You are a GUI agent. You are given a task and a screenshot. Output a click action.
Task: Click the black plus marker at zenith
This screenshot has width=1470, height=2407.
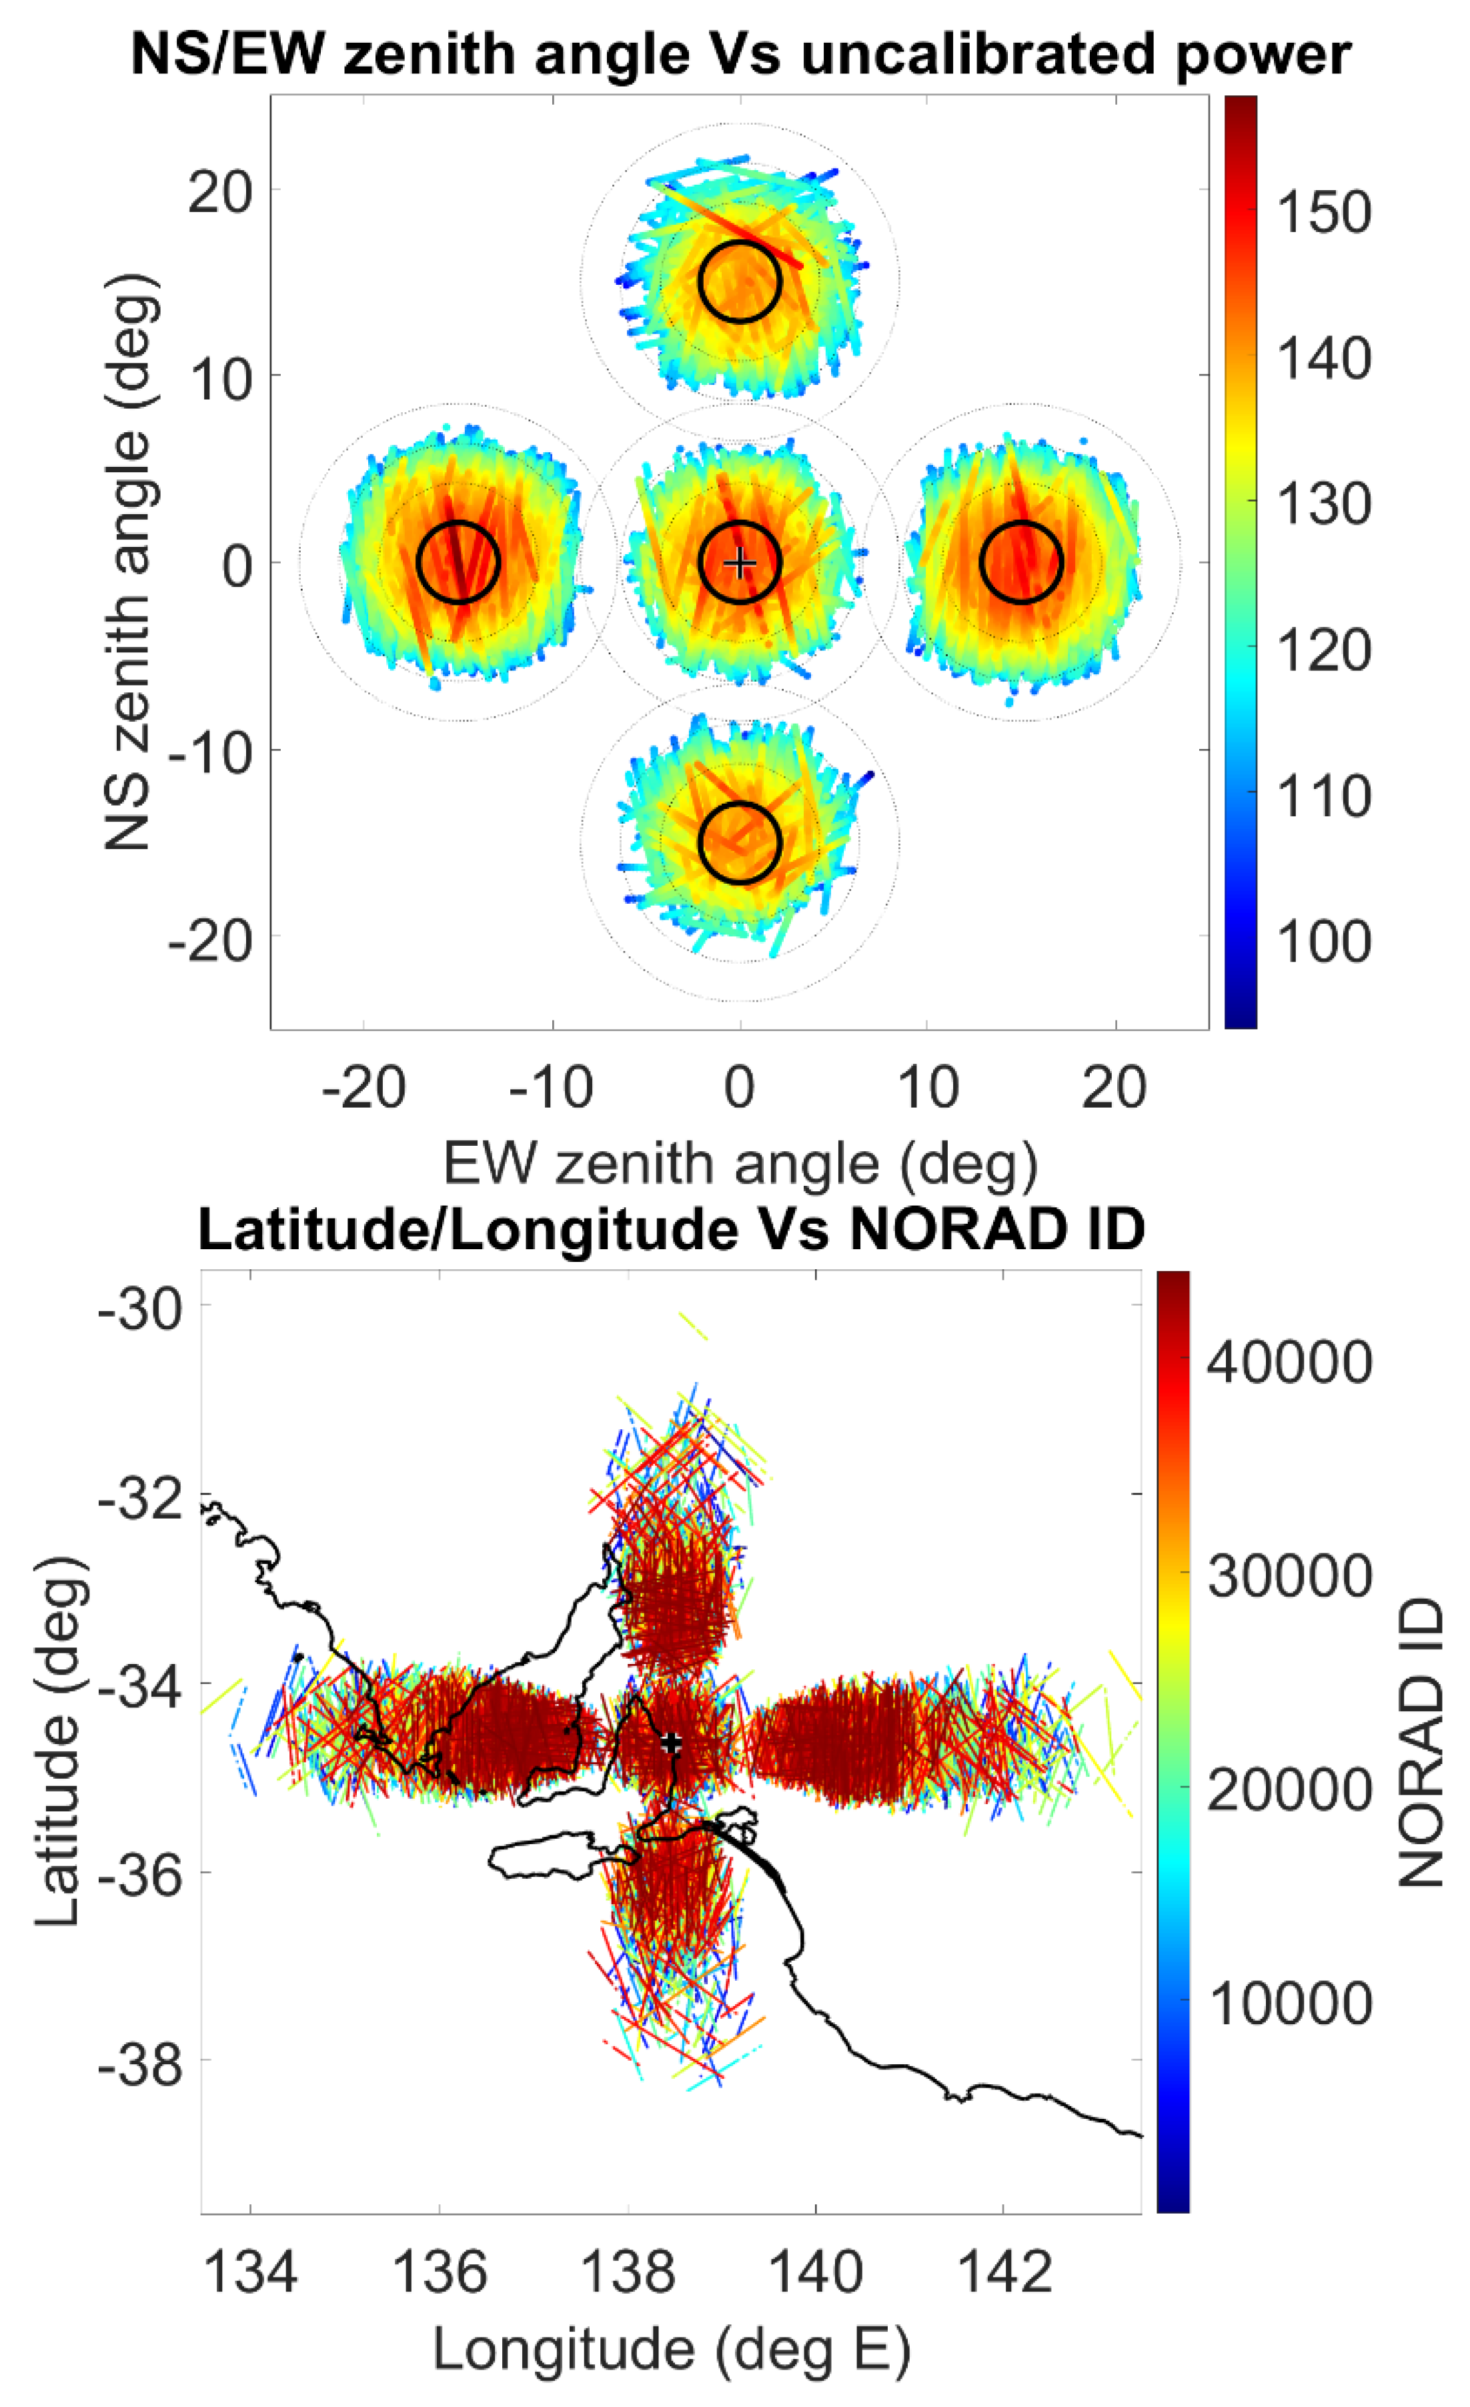click(x=740, y=563)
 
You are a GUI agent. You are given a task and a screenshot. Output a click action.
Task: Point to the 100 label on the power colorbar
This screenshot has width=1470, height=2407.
click(x=1323, y=942)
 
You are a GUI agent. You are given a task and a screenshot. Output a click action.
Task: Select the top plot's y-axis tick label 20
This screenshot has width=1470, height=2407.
click(x=221, y=191)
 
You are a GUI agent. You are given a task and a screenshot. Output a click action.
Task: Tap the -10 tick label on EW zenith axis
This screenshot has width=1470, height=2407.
click(x=551, y=1087)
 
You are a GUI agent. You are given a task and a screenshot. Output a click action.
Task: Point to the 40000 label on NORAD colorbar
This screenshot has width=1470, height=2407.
click(x=1289, y=1361)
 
